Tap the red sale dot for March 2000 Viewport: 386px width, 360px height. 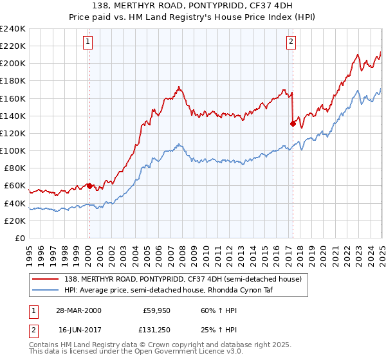(89, 186)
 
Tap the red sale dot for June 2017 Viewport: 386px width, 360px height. (293, 123)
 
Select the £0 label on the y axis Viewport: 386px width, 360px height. (19, 238)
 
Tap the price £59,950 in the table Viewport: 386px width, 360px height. (156, 310)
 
